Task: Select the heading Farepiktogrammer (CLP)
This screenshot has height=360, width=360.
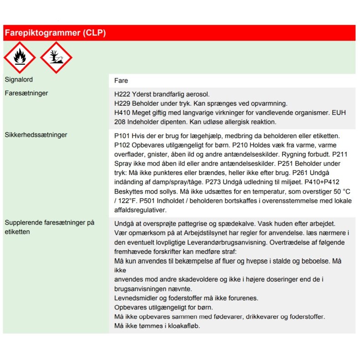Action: pyautogui.click(x=55, y=33)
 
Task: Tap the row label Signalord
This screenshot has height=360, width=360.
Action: pyautogui.click(x=19, y=80)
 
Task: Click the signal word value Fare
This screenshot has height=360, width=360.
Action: pyautogui.click(x=121, y=81)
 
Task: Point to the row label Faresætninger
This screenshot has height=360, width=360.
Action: pyautogui.click(x=26, y=93)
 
